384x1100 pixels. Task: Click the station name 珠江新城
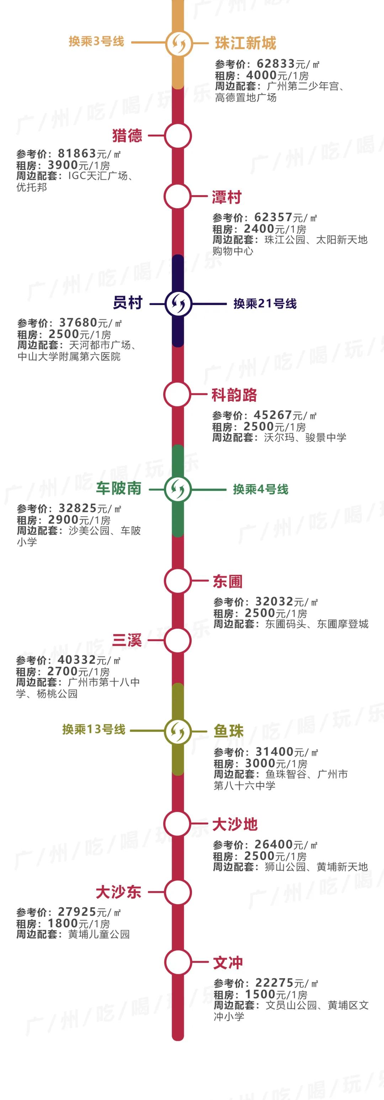[x=245, y=43]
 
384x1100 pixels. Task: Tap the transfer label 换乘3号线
[x=96, y=41]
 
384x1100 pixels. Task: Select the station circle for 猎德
[x=178, y=136]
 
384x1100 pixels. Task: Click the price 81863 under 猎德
[x=77, y=154]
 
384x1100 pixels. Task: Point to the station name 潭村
[x=227, y=197]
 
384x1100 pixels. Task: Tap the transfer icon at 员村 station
[x=178, y=304]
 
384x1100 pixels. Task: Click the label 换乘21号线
[x=265, y=304]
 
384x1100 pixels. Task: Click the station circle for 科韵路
[x=177, y=394]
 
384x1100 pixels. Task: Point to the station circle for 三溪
[x=177, y=640]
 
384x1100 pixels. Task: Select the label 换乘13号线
[x=94, y=729]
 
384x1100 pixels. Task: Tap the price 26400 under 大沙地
[x=273, y=845]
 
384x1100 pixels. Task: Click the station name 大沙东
[x=118, y=892]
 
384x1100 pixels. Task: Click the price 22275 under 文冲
[x=274, y=983]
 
